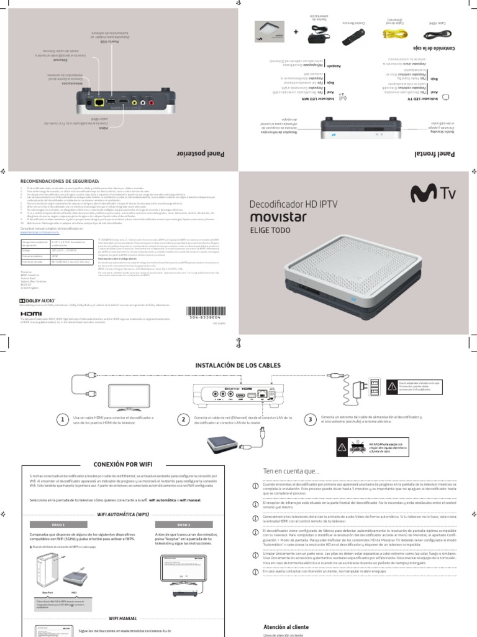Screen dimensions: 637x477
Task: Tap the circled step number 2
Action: point(184,421)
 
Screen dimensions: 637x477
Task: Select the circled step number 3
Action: point(309,421)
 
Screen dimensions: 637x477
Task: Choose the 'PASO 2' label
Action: point(184,524)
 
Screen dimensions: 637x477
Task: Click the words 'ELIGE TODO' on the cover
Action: point(267,229)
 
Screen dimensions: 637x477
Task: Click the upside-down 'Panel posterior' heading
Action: point(203,153)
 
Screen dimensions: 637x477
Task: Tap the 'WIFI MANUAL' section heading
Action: point(123,619)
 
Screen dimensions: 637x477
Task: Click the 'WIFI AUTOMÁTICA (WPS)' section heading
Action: point(123,514)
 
